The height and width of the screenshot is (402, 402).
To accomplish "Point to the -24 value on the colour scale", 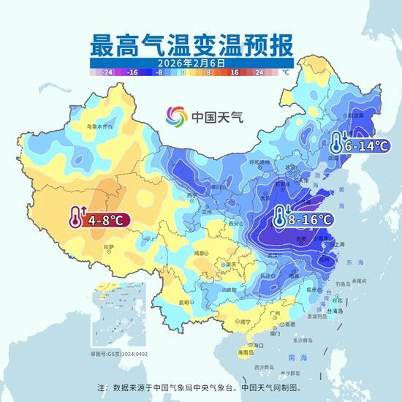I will tap(107, 73).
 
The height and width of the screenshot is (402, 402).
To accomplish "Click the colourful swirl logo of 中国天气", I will tap(176, 116).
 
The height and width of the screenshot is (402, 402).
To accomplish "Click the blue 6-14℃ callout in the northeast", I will tap(358, 144).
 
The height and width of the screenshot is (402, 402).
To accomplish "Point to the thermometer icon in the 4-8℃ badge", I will tap(75, 217).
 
